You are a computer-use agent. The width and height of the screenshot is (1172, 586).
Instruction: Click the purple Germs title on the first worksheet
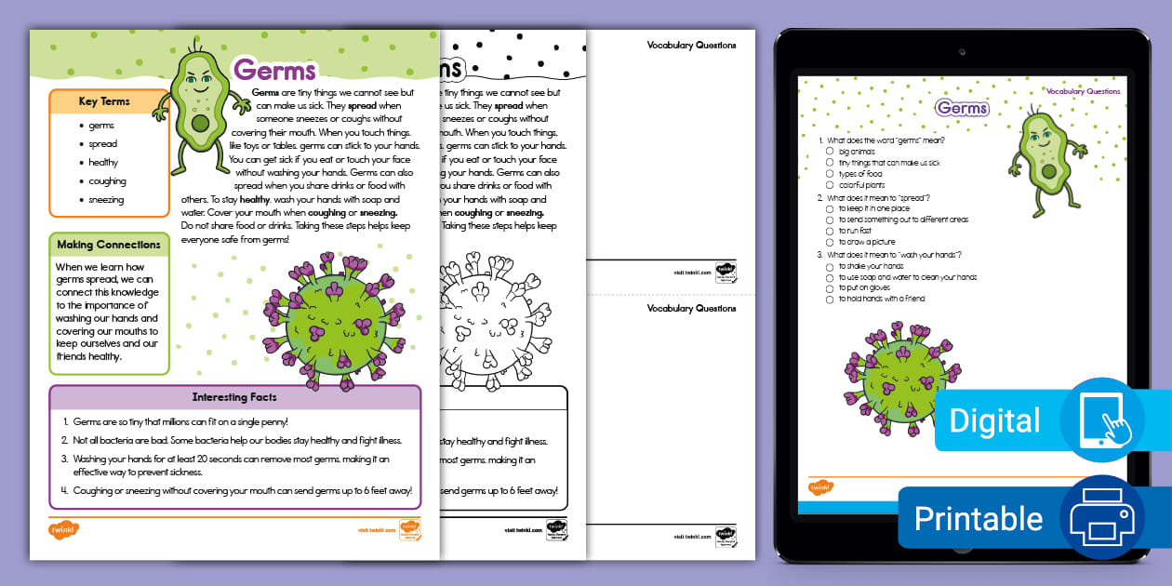274,71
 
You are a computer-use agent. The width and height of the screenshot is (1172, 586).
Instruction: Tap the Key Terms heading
104,101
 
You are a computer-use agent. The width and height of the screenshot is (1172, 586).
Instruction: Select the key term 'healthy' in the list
103,163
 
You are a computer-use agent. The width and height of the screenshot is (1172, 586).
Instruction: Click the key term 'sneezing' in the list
106,200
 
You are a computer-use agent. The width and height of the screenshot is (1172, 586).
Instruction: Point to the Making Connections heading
109,245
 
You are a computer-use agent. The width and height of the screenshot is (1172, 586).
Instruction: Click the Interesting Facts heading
234,397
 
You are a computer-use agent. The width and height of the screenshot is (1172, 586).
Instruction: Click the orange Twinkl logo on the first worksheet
64,529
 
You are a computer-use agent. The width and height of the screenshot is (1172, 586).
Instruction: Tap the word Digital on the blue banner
994,420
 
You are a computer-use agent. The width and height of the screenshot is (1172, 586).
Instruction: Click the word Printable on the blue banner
979,518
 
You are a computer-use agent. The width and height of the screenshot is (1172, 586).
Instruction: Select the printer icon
1101,517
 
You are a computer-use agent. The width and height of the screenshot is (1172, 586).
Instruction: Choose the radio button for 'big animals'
830,151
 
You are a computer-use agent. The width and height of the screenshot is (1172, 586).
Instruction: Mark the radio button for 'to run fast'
830,231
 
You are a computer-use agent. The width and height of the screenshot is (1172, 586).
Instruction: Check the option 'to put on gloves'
830,288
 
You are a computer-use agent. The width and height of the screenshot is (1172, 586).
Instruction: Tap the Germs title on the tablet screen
962,108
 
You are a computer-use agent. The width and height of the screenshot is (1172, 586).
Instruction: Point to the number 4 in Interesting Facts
65,490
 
